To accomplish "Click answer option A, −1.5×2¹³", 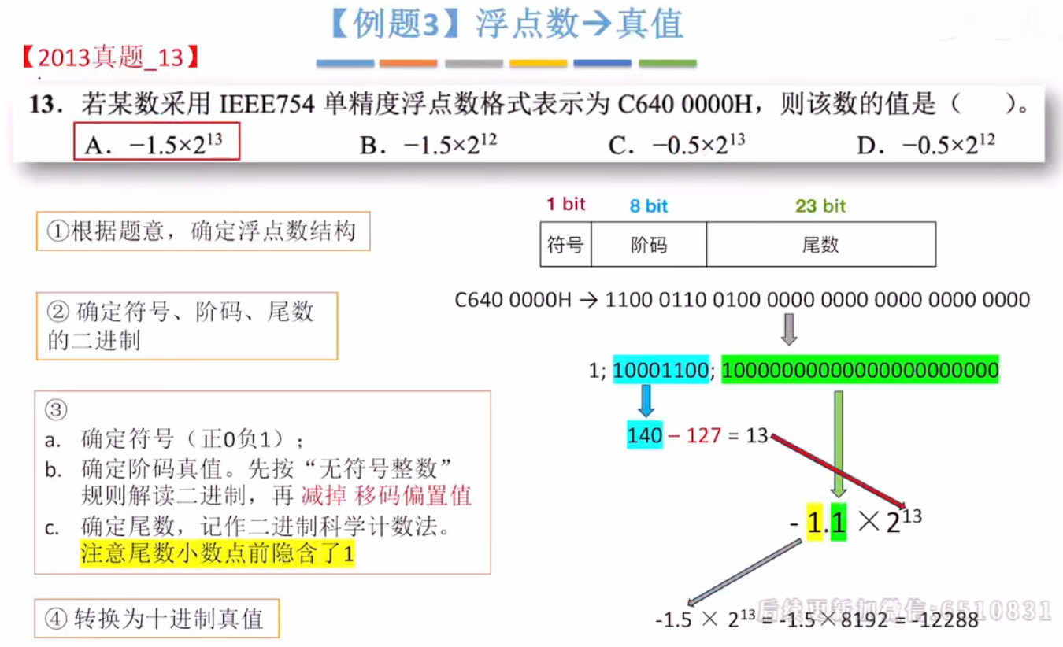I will [x=157, y=143].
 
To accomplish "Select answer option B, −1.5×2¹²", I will [x=428, y=144].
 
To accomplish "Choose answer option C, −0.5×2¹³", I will [x=677, y=144].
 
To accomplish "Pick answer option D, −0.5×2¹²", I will [x=926, y=144].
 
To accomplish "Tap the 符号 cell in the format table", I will [x=565, y=245].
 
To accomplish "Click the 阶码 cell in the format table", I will [x=649, y=245].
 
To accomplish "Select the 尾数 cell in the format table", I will [x=820, y=245].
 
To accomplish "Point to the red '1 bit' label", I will [x=566, y=205].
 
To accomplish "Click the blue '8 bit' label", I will [x=648, y=206].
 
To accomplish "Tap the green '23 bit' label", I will [x=820, y=206].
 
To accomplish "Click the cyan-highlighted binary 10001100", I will [x=661, y=370].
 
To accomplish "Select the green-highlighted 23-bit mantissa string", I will [x=860, y=370].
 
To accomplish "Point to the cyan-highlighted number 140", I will [x=644, y=435].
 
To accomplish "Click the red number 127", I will [x=703, y=435].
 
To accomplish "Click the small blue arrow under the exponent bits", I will [x=646, y=400].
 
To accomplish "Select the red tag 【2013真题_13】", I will [x=110, y=57].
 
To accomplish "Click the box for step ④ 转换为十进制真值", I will [x=157, y=619].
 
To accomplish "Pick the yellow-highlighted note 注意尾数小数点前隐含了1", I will [x=217, y=554].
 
